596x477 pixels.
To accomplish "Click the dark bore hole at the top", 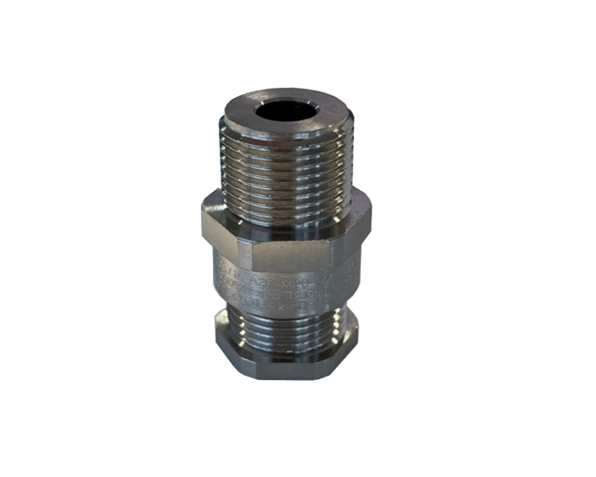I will (286, 111).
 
